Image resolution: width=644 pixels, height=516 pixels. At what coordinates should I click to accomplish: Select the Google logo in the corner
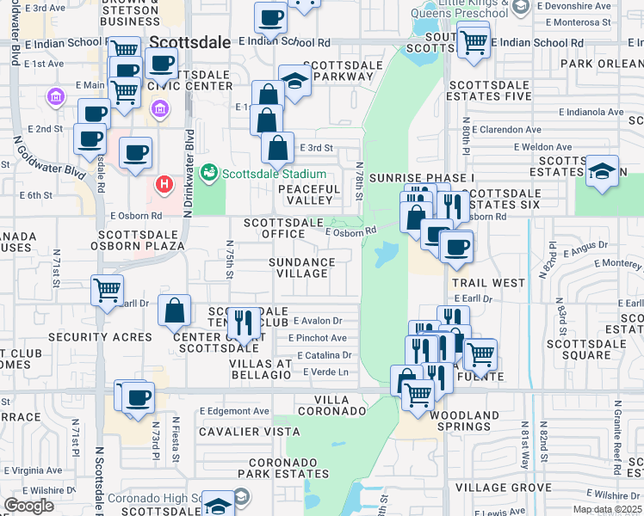coord(28,506)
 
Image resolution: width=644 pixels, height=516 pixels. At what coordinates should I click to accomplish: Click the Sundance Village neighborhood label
coord(301,267)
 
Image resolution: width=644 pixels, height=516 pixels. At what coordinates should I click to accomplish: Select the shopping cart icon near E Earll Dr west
coord(107,291)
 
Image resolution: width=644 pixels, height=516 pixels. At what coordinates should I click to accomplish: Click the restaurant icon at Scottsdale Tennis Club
coord(244,323)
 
